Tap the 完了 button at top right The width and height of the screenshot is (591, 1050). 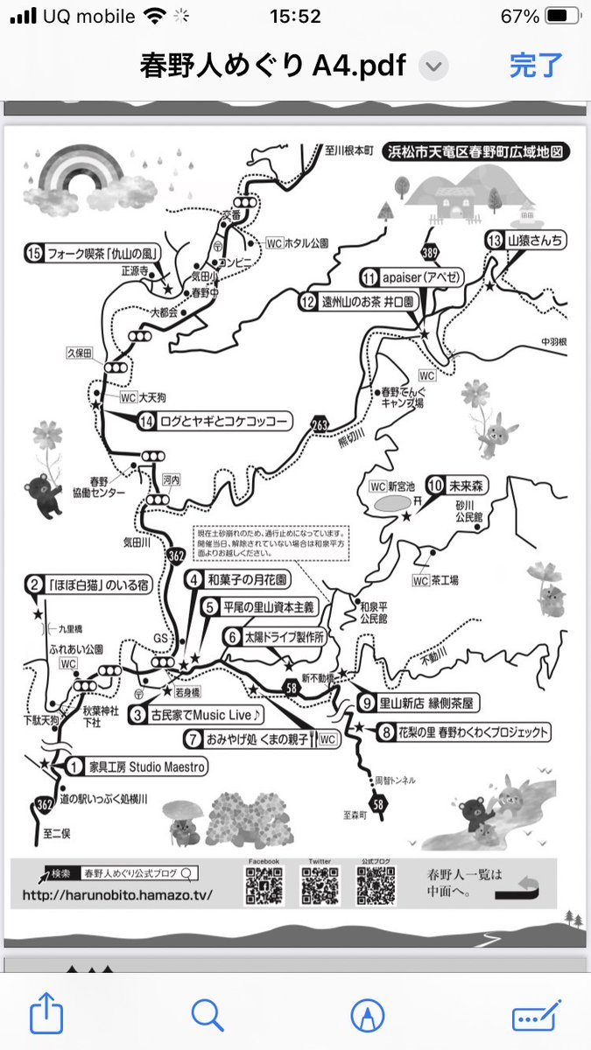click(x=536, y=66)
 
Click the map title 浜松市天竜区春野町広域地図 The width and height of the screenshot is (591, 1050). click(x=478, y=151)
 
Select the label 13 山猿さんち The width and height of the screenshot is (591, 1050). click(x=525, y=240)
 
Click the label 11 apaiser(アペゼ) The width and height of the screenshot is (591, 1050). click(x=411, y=277)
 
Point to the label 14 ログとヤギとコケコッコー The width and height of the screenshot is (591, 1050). click(x=214, y=422)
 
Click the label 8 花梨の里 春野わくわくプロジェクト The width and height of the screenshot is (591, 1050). click(x=464, y=732)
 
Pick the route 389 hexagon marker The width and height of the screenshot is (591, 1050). click(x=430, y=251)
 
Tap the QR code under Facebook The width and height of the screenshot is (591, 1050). click(x=264, y=886)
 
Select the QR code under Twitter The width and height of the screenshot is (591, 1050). click(x=320, y=886)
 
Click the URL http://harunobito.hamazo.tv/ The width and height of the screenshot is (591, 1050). click(x=117, y=896)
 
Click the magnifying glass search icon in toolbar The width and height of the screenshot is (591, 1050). click(x=207, y=1015)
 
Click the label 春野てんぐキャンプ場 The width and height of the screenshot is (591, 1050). click(x=402, y=398)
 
